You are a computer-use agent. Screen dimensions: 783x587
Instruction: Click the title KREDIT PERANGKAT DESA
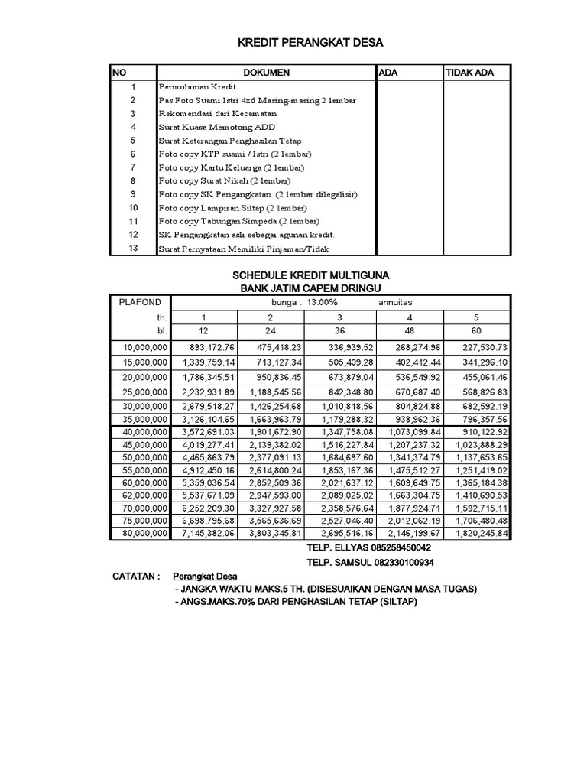[x=309, y=42]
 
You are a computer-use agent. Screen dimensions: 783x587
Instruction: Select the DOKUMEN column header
[x=266, y=73]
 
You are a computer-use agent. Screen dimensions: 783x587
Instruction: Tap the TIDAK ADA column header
[x=469, y=73]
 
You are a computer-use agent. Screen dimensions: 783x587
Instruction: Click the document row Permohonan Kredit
[x=187, y=88]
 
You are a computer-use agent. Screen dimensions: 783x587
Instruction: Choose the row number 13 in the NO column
[x=133, y=249]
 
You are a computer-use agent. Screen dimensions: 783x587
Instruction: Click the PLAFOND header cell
[x=140, y=303]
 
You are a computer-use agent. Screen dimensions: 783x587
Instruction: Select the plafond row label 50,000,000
[x=144, y=457]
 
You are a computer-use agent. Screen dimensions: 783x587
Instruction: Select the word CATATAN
[x=137, y=575]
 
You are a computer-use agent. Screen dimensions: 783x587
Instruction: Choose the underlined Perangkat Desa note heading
[x=205, y=575]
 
